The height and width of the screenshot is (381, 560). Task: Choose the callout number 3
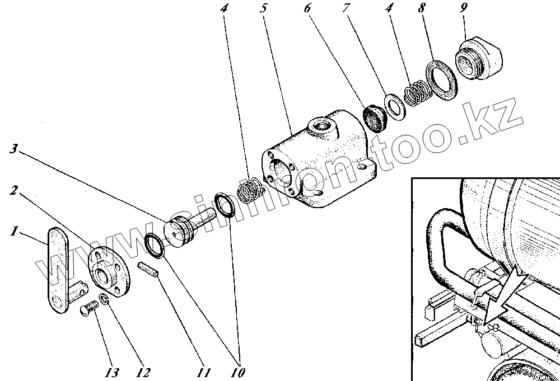coord(15,149)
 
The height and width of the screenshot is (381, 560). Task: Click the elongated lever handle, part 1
coord(57,269)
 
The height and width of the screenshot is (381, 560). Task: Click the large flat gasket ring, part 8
coord(442,82)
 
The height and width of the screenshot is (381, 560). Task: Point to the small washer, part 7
coord(394,106)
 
